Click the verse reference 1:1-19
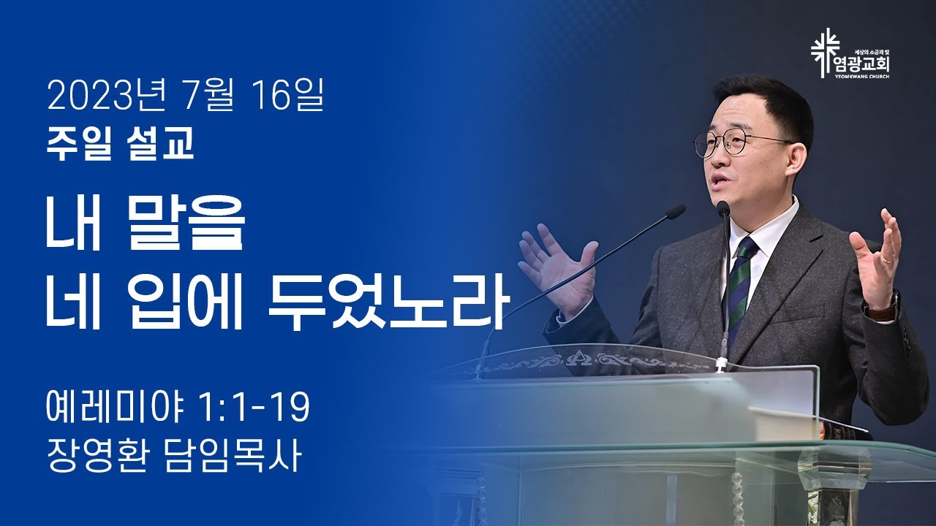point(255,408)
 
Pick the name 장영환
point(97,456)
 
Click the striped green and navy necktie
point(739,288)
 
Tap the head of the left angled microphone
point(675,211)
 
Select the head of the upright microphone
point(723,208)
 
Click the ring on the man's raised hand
point(888,259)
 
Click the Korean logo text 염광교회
point(865,65)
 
